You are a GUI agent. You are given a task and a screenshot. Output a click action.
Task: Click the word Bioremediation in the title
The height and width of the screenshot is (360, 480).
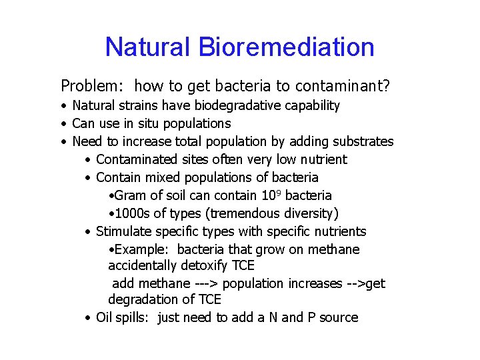click(x=286, y=47)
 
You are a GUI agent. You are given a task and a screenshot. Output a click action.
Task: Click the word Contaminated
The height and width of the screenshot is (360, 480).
click(x=137, y=159)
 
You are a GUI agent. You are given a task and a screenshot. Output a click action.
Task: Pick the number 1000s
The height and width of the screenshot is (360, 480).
click(x=131, y=213)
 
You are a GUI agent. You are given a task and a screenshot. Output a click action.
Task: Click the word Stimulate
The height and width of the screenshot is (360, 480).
click(x=123, y=231)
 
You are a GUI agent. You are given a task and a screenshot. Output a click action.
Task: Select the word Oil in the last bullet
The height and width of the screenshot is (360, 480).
click(x=105, y=317)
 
